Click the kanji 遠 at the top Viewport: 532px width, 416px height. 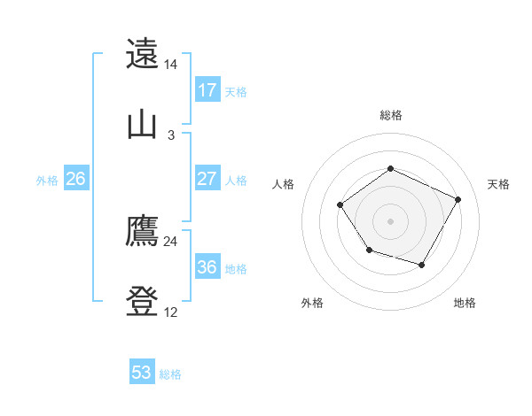[142, 54]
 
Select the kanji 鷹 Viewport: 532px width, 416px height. [142, 231]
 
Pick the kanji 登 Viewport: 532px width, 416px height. [142, 302]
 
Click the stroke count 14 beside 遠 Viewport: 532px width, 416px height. [171, 65]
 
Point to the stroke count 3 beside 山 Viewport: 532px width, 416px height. [171, 135]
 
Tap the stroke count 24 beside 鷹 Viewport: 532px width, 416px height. [171, 242]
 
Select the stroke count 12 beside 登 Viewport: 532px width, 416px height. [171, 312]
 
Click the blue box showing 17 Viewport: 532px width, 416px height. [207, 90]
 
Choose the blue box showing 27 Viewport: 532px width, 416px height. [207, 179]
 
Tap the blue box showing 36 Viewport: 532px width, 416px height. [207, 266]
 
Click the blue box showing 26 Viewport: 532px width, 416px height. [75, 179]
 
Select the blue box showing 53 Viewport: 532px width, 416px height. [142, 373]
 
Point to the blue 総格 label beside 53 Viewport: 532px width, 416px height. [170, 374]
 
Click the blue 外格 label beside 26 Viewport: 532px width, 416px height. [47, 181]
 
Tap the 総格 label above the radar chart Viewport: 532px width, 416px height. [391, 115]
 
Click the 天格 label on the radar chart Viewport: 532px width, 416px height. [498, 184]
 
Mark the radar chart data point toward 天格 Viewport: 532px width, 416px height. [458, 199]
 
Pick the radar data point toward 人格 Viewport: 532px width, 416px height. [340, 204]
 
